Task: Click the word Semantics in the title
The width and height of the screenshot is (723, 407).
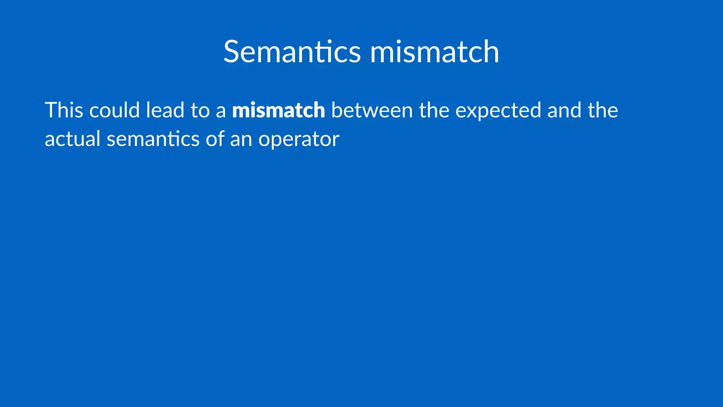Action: point(292,52)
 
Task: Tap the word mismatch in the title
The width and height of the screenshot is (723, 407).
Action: point(434,52)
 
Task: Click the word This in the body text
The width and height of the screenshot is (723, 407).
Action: point(64,110)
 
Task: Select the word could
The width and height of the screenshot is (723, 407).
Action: point(114,110)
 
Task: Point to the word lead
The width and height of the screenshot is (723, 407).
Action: point(165,110)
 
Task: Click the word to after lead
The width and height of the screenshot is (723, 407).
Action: point(200,110)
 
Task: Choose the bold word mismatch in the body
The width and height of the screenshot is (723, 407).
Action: point(279,110)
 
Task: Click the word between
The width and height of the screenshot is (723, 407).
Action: point(372,110)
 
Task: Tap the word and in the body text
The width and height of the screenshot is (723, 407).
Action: point(564,110)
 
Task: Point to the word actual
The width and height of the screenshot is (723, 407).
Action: point(73,138)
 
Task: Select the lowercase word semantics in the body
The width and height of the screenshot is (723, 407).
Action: point(153,138)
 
